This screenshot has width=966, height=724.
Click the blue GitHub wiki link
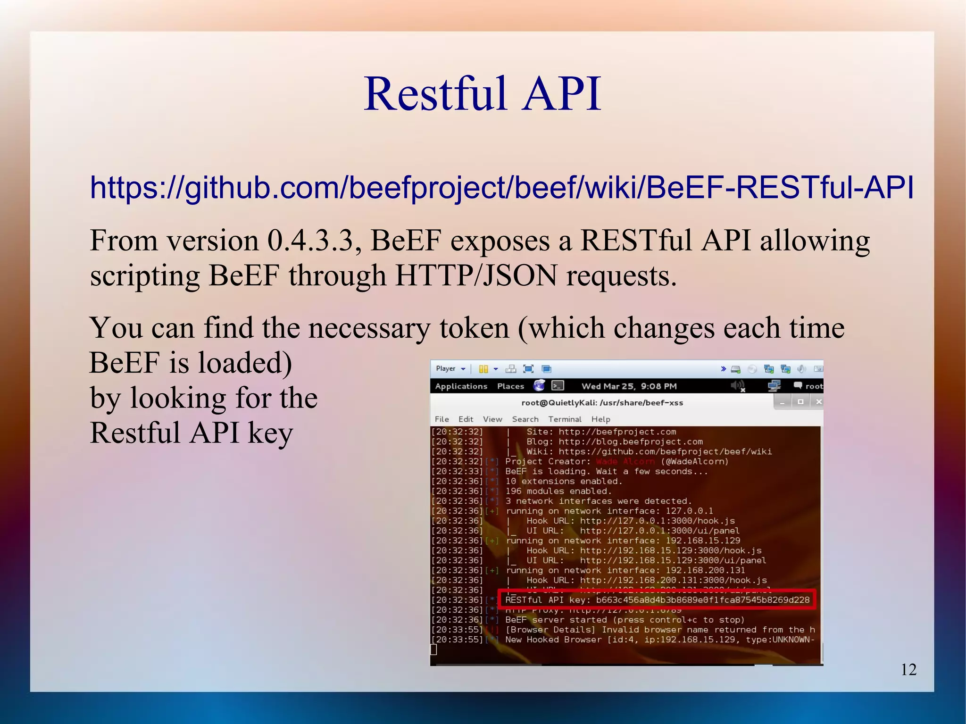[502, 187]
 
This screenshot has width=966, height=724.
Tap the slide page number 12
[908, 669]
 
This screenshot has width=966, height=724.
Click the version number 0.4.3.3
[310, 241]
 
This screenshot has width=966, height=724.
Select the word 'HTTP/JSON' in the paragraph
[476, 276]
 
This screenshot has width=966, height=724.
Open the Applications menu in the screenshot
[461, 386]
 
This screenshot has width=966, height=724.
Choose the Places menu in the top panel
[510, 386]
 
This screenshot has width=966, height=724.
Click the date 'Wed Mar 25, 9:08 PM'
[629, 386]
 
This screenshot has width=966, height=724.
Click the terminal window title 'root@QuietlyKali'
[602, 403]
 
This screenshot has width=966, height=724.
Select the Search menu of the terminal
[525, 419]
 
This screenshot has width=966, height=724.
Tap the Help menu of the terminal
[600, 419]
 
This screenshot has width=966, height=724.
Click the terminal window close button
[818, 402]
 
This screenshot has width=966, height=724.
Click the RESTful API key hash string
[702, 600]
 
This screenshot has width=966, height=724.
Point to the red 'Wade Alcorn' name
[625, 461]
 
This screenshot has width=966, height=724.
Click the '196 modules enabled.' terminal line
[558, 491]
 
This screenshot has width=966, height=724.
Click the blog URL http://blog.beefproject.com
[631, 442]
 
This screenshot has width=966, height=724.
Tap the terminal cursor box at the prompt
[433, 650]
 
